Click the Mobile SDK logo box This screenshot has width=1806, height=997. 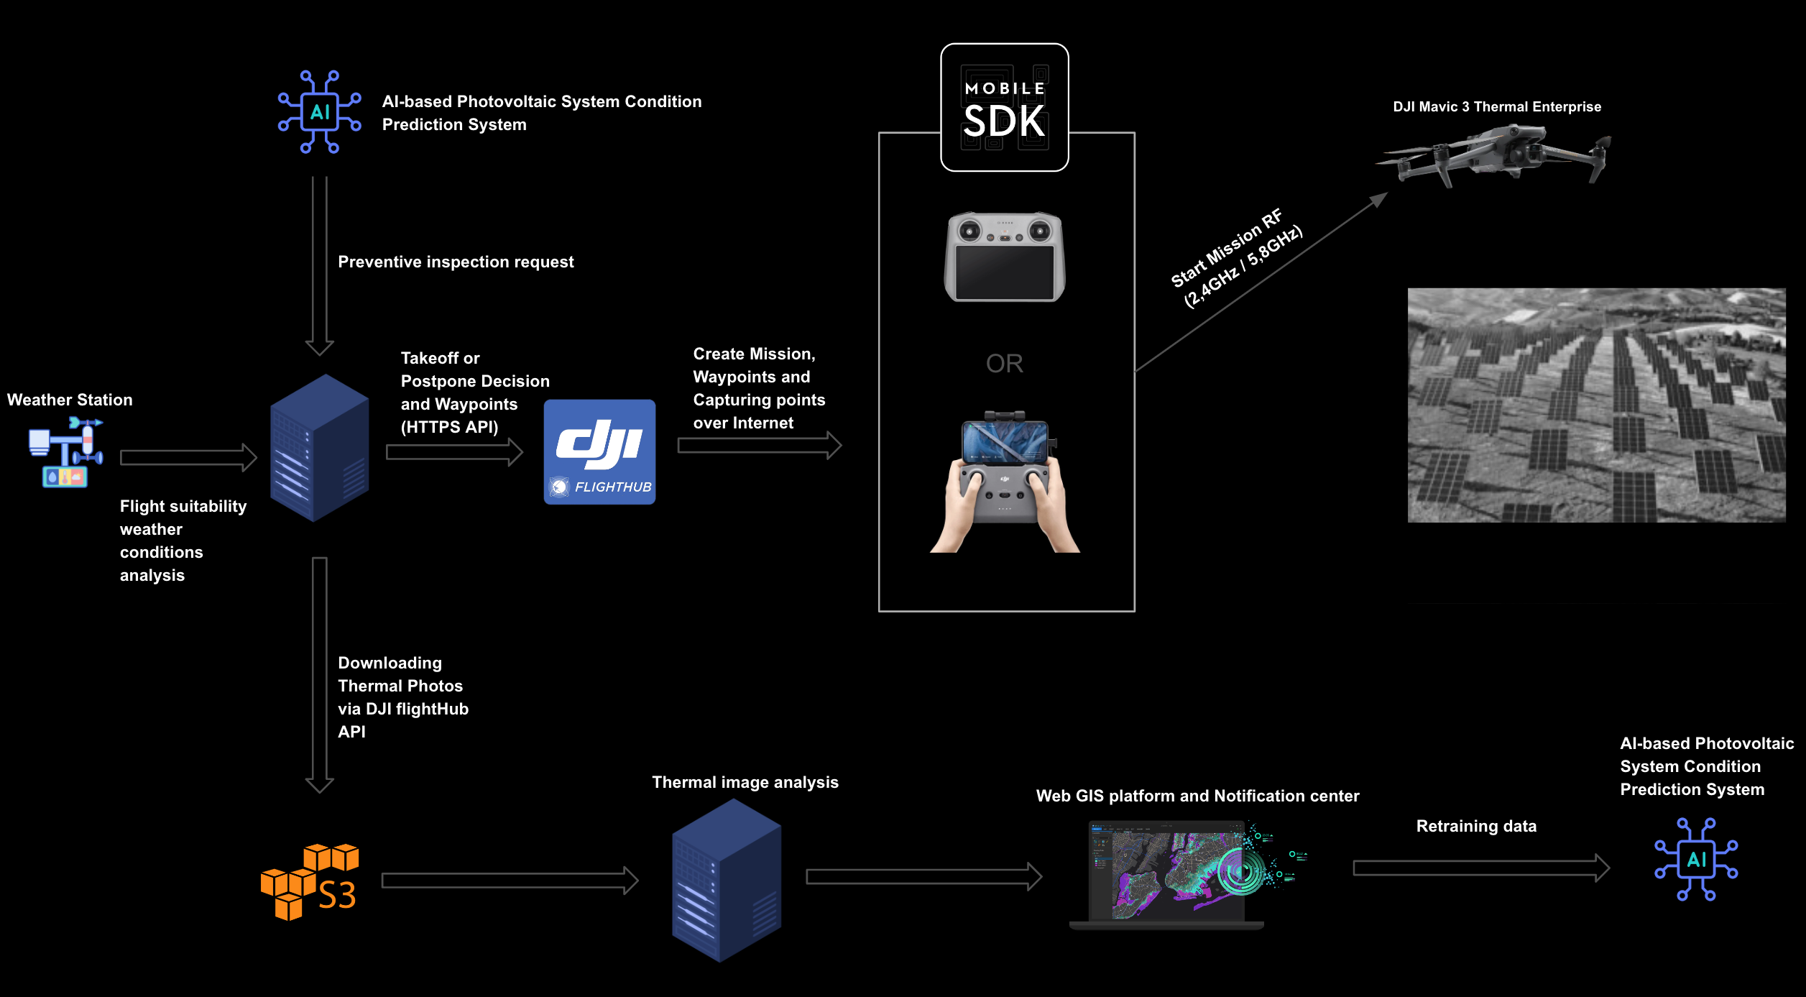click(1004, 107)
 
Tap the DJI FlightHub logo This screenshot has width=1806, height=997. click(599, 451)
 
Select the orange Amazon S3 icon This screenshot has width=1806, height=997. click(310, 881)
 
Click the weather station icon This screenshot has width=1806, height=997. click(65, 453)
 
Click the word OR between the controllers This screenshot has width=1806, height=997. click(1004, 364)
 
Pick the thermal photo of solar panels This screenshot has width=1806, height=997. click(1595, 405)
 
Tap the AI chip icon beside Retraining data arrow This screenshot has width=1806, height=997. click(1696, 859)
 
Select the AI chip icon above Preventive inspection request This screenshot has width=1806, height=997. click(320, 111)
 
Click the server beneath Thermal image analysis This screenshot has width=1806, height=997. click(726, 880)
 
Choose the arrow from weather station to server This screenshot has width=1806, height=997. click(188, 457)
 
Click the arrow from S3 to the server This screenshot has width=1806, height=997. click(510, 881)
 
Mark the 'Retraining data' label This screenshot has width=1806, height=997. click(1476, 827)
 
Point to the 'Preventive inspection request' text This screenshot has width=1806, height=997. click(456, 262)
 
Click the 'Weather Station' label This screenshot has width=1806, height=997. click(70, 400)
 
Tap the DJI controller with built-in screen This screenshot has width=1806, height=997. click(1004, 257)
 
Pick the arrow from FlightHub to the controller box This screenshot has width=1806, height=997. click(759, 446)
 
